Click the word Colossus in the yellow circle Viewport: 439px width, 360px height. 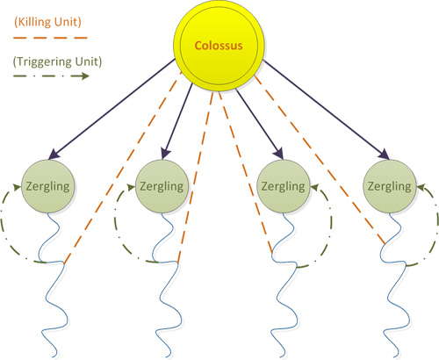pos(219,46)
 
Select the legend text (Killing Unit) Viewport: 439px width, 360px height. pos(47,22)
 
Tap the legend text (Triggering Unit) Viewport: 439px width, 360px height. pos(57,61)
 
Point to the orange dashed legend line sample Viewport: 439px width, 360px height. pos(50,38)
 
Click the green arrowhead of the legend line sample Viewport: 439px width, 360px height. pos(85,76)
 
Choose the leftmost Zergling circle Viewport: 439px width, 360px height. pos(48,186)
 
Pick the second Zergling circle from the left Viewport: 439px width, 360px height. pos(162,186)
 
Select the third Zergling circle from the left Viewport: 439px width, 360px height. pos(283,186)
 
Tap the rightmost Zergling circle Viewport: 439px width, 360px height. pos(389,186)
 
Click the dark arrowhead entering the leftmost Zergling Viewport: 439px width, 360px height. pos(54,155)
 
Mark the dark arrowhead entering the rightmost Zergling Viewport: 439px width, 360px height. pos(384,155)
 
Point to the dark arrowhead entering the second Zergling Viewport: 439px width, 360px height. pos(165,154)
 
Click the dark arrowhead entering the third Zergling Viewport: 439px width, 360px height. pos(279,154)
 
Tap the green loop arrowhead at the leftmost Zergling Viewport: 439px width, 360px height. pos(17,187)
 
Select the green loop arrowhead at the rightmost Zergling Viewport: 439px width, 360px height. pos(421,187)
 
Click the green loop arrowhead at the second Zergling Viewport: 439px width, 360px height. pos(131,187)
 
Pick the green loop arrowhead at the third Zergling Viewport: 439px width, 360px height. pos(314,187)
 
